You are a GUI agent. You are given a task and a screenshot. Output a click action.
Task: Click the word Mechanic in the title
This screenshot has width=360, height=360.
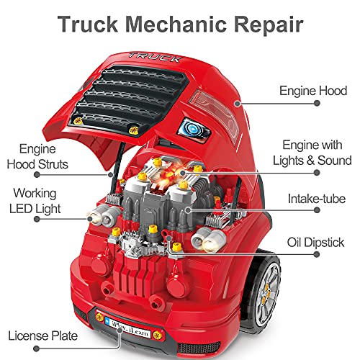176,24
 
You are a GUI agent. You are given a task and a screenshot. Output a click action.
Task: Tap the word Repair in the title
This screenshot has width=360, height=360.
269,25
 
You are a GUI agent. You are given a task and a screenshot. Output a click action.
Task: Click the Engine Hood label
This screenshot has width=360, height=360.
313,91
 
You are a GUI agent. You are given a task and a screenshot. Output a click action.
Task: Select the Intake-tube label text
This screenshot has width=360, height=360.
317,199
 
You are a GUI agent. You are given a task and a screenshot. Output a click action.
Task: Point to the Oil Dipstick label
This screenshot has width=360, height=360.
315,243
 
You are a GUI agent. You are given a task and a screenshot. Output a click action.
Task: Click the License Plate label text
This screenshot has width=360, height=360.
42,336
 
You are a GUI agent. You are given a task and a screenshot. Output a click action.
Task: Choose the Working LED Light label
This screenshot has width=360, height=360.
35,201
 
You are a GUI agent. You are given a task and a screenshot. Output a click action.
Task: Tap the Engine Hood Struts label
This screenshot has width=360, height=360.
37,156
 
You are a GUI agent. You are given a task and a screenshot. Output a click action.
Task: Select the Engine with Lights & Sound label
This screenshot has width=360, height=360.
312,153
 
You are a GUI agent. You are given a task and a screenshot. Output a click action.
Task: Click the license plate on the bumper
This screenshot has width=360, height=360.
127,328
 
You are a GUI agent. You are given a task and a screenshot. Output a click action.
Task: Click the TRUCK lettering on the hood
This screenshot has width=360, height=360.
156,58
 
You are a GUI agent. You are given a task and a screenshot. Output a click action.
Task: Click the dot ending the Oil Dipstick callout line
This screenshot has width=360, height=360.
317,254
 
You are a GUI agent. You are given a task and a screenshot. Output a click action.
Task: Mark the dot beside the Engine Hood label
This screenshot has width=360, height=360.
317,103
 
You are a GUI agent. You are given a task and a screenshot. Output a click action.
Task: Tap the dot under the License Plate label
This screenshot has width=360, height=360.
36,348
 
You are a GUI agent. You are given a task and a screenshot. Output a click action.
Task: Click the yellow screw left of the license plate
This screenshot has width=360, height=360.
99,317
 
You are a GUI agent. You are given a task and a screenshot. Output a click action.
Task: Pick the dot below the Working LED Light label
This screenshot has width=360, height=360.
37,219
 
